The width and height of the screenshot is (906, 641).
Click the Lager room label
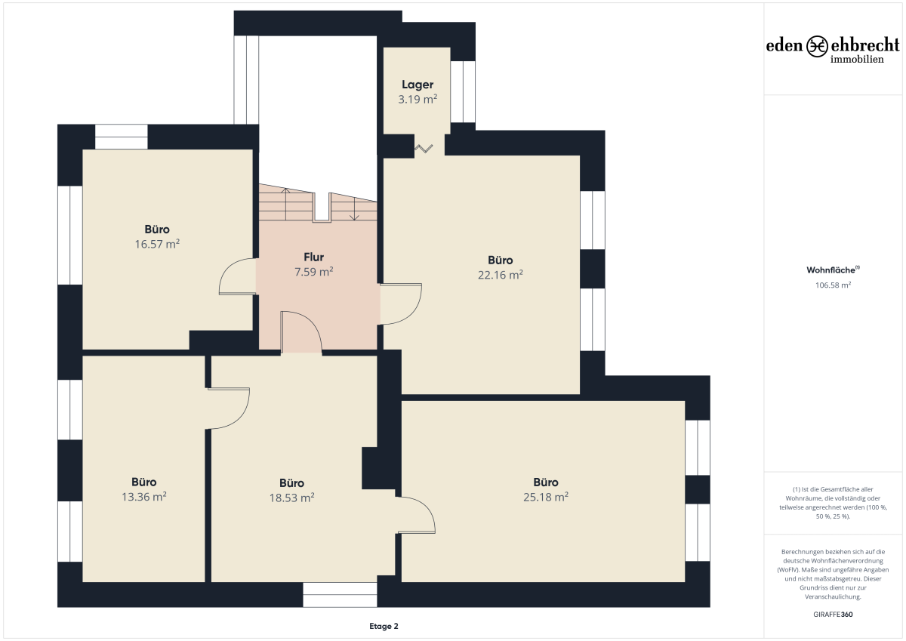tap(418, 85)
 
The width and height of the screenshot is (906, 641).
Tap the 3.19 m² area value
tap(418, 99)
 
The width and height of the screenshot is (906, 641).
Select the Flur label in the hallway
tap(313, 257)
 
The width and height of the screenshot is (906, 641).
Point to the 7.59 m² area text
tap(313, 271)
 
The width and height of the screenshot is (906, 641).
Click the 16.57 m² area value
tap(157, 244)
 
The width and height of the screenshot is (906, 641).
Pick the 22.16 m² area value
tap(501, 275)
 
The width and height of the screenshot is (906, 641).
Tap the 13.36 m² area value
tap(144, 497)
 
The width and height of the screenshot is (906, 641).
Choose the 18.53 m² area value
tap(291, 498)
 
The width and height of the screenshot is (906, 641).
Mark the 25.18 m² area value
tap(546, 497)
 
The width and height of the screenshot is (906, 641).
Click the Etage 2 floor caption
tap(384, 626)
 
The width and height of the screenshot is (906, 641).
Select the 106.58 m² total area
tap(833, 285)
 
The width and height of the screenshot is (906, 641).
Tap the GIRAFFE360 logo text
tap(833, 615)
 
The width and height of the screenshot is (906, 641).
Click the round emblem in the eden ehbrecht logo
tap(817, 46)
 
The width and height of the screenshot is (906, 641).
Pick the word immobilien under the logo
tap(857, 60)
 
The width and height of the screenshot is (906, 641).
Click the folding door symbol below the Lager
tap(424, 149)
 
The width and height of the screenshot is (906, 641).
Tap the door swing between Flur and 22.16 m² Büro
tap(413, 313)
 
